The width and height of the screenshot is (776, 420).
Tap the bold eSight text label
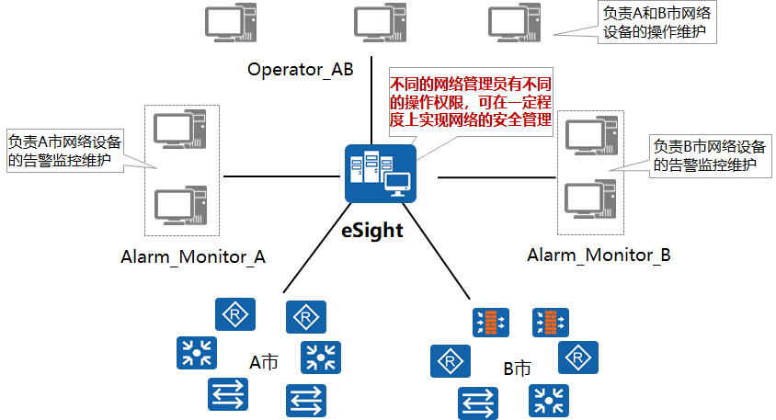[372, 230]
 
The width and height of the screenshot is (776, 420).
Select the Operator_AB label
[300, 71]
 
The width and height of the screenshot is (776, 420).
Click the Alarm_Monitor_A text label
[192, 257]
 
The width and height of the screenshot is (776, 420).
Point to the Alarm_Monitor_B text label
[599, 255]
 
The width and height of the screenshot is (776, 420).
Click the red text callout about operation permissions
[470, 101]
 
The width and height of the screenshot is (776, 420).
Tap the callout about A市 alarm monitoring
[63, 151]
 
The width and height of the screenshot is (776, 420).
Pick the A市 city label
[264, 362]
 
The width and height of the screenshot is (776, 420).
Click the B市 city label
[517, 369]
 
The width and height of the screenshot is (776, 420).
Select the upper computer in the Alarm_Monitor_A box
[180, 130]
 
